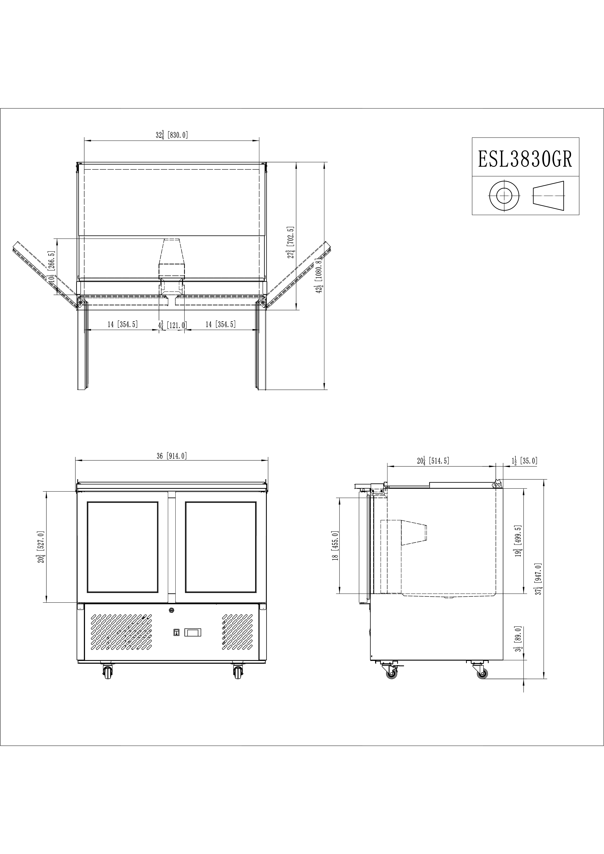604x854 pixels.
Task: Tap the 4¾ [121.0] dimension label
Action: pos(172,325)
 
